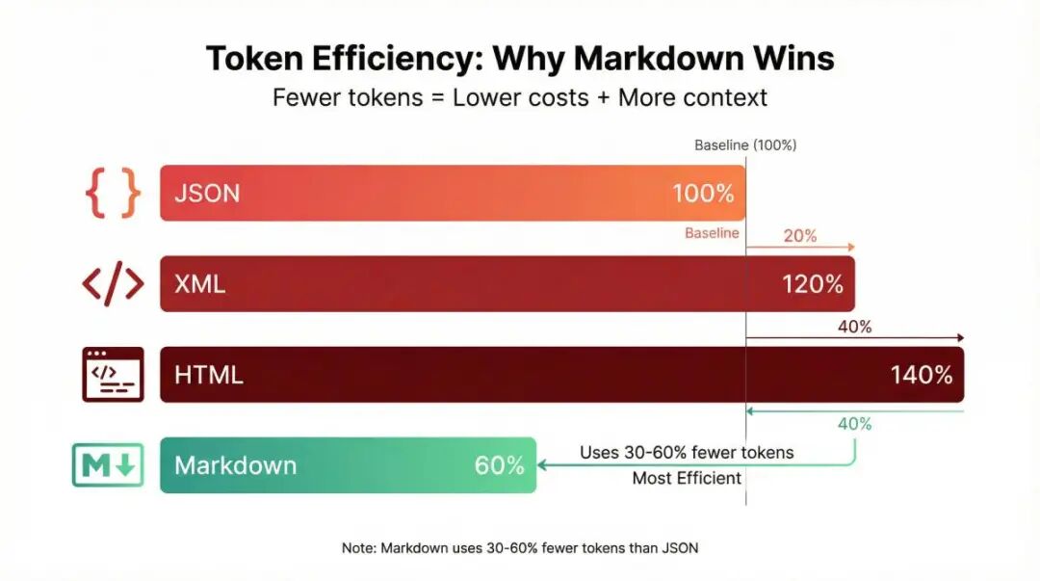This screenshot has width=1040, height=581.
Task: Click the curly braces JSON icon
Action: tap(113, 193)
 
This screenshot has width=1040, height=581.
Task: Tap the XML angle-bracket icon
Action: tap(113, 284)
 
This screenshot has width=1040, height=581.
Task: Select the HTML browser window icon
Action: tap(113, 374)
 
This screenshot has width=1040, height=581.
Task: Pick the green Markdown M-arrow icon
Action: tap(108, 465)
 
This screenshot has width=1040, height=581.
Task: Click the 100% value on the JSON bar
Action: tap(703, 193)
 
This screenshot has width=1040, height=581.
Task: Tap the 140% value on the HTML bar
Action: tap(922, 375)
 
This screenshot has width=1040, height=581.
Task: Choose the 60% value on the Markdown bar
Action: tap(499, 465)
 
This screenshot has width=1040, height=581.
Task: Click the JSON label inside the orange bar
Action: tap(207, 193)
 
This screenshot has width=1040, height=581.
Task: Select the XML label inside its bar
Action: tap(199, 284)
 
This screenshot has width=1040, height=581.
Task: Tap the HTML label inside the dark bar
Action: tap(209, 375)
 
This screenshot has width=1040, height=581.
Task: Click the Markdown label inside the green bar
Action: tap(235, 465)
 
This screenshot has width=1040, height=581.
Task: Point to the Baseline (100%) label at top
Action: tap(745, 145)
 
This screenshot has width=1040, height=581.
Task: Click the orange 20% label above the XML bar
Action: tap(800, 235)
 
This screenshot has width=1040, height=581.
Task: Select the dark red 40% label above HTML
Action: tap(854, 327)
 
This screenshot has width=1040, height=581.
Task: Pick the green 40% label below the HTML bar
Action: tap(854, 423)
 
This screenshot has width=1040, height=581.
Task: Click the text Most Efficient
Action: tap(687, 478)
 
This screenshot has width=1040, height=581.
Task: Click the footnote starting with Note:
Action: tap(520, 547)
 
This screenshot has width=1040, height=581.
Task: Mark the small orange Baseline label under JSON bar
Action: tap(712, 233)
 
